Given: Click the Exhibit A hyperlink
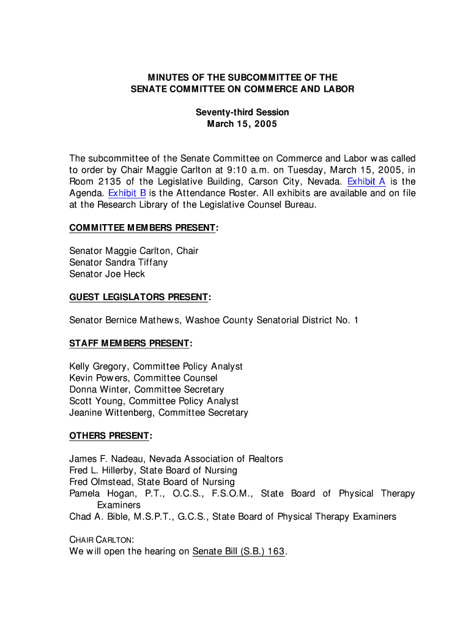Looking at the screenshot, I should (x=366, y=181).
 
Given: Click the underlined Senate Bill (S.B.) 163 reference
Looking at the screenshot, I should (x=239, y=551).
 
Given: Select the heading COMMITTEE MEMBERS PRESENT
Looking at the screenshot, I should (x=143, y=228).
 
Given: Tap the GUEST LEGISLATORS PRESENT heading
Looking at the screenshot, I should (x=139, y=297).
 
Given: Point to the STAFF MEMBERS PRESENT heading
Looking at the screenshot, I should (x=130, y=343).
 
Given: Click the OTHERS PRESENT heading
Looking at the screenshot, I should (x=109, y=435).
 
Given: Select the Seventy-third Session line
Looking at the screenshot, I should (x=242, y=113).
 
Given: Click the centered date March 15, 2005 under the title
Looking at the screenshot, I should (x=242, y=124).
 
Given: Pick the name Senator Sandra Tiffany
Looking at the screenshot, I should (x=118, y=263).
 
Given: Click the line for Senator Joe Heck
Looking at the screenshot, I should (x=107, y=274).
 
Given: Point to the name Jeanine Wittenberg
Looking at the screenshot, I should (x=111, y=413).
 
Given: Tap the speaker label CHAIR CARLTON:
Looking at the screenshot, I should (x=101, y=540).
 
